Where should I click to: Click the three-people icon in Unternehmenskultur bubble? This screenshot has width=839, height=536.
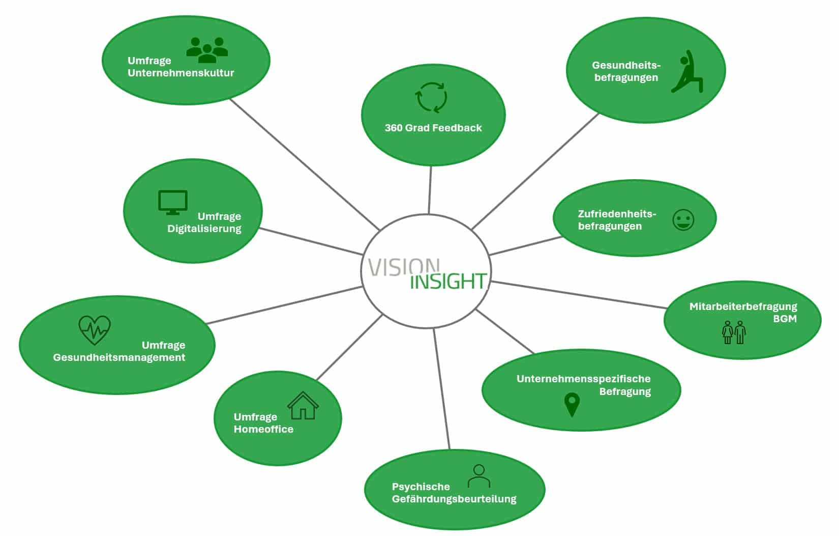pos(207,49)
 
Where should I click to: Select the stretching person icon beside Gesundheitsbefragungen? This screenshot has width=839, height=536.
pos(687,72)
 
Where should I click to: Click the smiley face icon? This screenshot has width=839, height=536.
pos(683,220)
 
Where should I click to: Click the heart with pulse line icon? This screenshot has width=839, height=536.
pos(95,330)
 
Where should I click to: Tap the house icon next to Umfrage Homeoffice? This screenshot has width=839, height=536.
pos(303,406)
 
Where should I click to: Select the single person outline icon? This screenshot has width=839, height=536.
pos(478,476)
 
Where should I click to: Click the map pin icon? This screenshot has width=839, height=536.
pos(572,405)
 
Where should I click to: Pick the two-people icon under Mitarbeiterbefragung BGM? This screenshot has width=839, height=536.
pos(734,332)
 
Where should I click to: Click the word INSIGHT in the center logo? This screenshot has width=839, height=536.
pos(448,281)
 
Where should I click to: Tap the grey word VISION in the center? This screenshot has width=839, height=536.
pos(403,267)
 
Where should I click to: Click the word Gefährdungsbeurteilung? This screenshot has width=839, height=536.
pos(454,499)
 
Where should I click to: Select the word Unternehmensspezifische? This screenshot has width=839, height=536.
pos(583,379)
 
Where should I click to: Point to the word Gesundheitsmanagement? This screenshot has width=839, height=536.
pos(119,357)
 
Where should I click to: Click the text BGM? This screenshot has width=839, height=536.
pos(785,319)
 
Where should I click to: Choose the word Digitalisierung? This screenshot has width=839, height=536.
pos(204,229)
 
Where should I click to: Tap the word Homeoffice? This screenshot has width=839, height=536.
pos(263,429)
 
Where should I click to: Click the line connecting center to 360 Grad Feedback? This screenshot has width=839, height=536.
pos(430,189)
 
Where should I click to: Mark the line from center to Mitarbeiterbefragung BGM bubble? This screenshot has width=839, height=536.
pos(580,295)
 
